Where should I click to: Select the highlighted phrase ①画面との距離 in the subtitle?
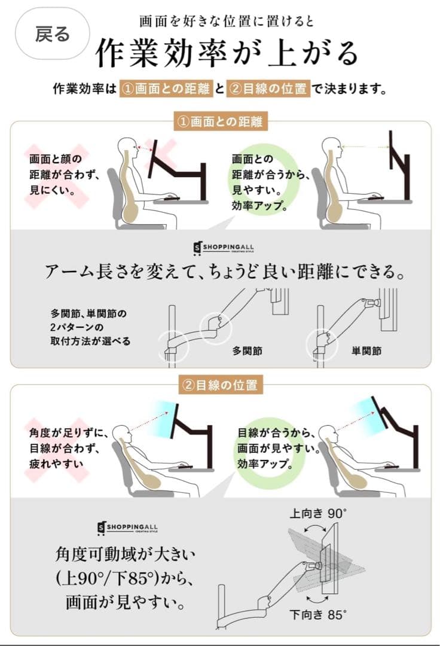166,90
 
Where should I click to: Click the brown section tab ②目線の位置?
221,385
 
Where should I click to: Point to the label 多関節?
247,351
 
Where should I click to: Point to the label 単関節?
366,351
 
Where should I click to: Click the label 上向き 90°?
319,513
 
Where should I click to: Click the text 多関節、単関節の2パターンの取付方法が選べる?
90,327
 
